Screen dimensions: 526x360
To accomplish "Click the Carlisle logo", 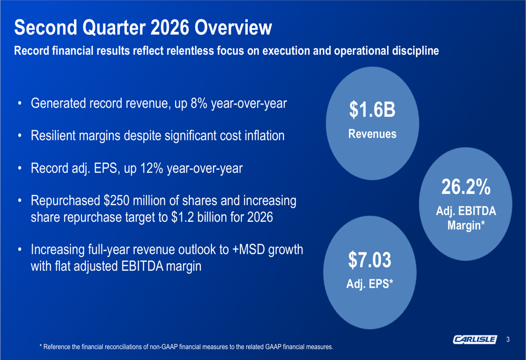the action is point(475,340).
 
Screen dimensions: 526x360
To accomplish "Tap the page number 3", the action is point(508,340).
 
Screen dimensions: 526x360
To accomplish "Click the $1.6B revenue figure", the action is point(372,110).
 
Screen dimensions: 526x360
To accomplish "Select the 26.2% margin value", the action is point(466,187).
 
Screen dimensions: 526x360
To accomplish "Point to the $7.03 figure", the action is point(370,260).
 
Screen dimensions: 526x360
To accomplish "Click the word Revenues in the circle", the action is point(372,133).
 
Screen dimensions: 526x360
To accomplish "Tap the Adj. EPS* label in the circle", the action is point(370,284).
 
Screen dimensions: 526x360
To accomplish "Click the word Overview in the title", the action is point(233,27).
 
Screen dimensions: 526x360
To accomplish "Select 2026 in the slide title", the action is point(170,27).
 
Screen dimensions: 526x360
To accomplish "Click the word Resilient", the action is point(53,136).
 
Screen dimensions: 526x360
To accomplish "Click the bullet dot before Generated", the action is point(20,103).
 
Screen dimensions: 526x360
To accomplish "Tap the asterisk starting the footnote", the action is point(41,346).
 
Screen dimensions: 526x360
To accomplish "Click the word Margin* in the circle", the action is point(466,225).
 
